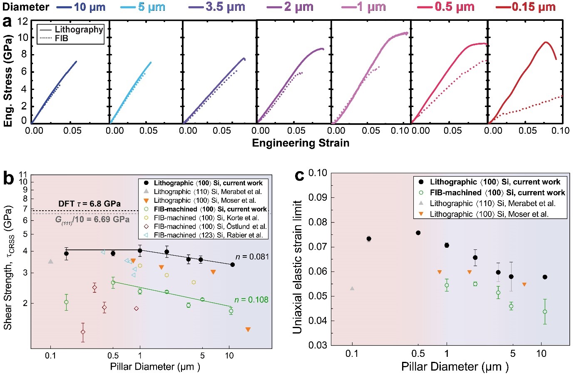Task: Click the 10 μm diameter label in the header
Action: (89, 7)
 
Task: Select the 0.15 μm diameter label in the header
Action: (534, 7)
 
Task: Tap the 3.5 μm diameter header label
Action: (225, 7)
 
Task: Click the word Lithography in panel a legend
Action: (79, 29)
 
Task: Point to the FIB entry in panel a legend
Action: (61, 38)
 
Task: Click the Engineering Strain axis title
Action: (301, 143)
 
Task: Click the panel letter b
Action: (8, 178)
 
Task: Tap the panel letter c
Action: (299, 175)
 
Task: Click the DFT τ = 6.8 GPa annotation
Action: (89, 204)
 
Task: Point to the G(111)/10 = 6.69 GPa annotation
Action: (92, 219)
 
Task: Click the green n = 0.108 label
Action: (251, 300)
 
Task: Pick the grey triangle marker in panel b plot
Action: (51, 261)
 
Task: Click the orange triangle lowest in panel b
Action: (248, 330)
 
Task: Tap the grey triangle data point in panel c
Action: (352, 288)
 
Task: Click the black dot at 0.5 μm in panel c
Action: (418, 233)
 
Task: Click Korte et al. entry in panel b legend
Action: (206, 218)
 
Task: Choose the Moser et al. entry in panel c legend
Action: (489, 214)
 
